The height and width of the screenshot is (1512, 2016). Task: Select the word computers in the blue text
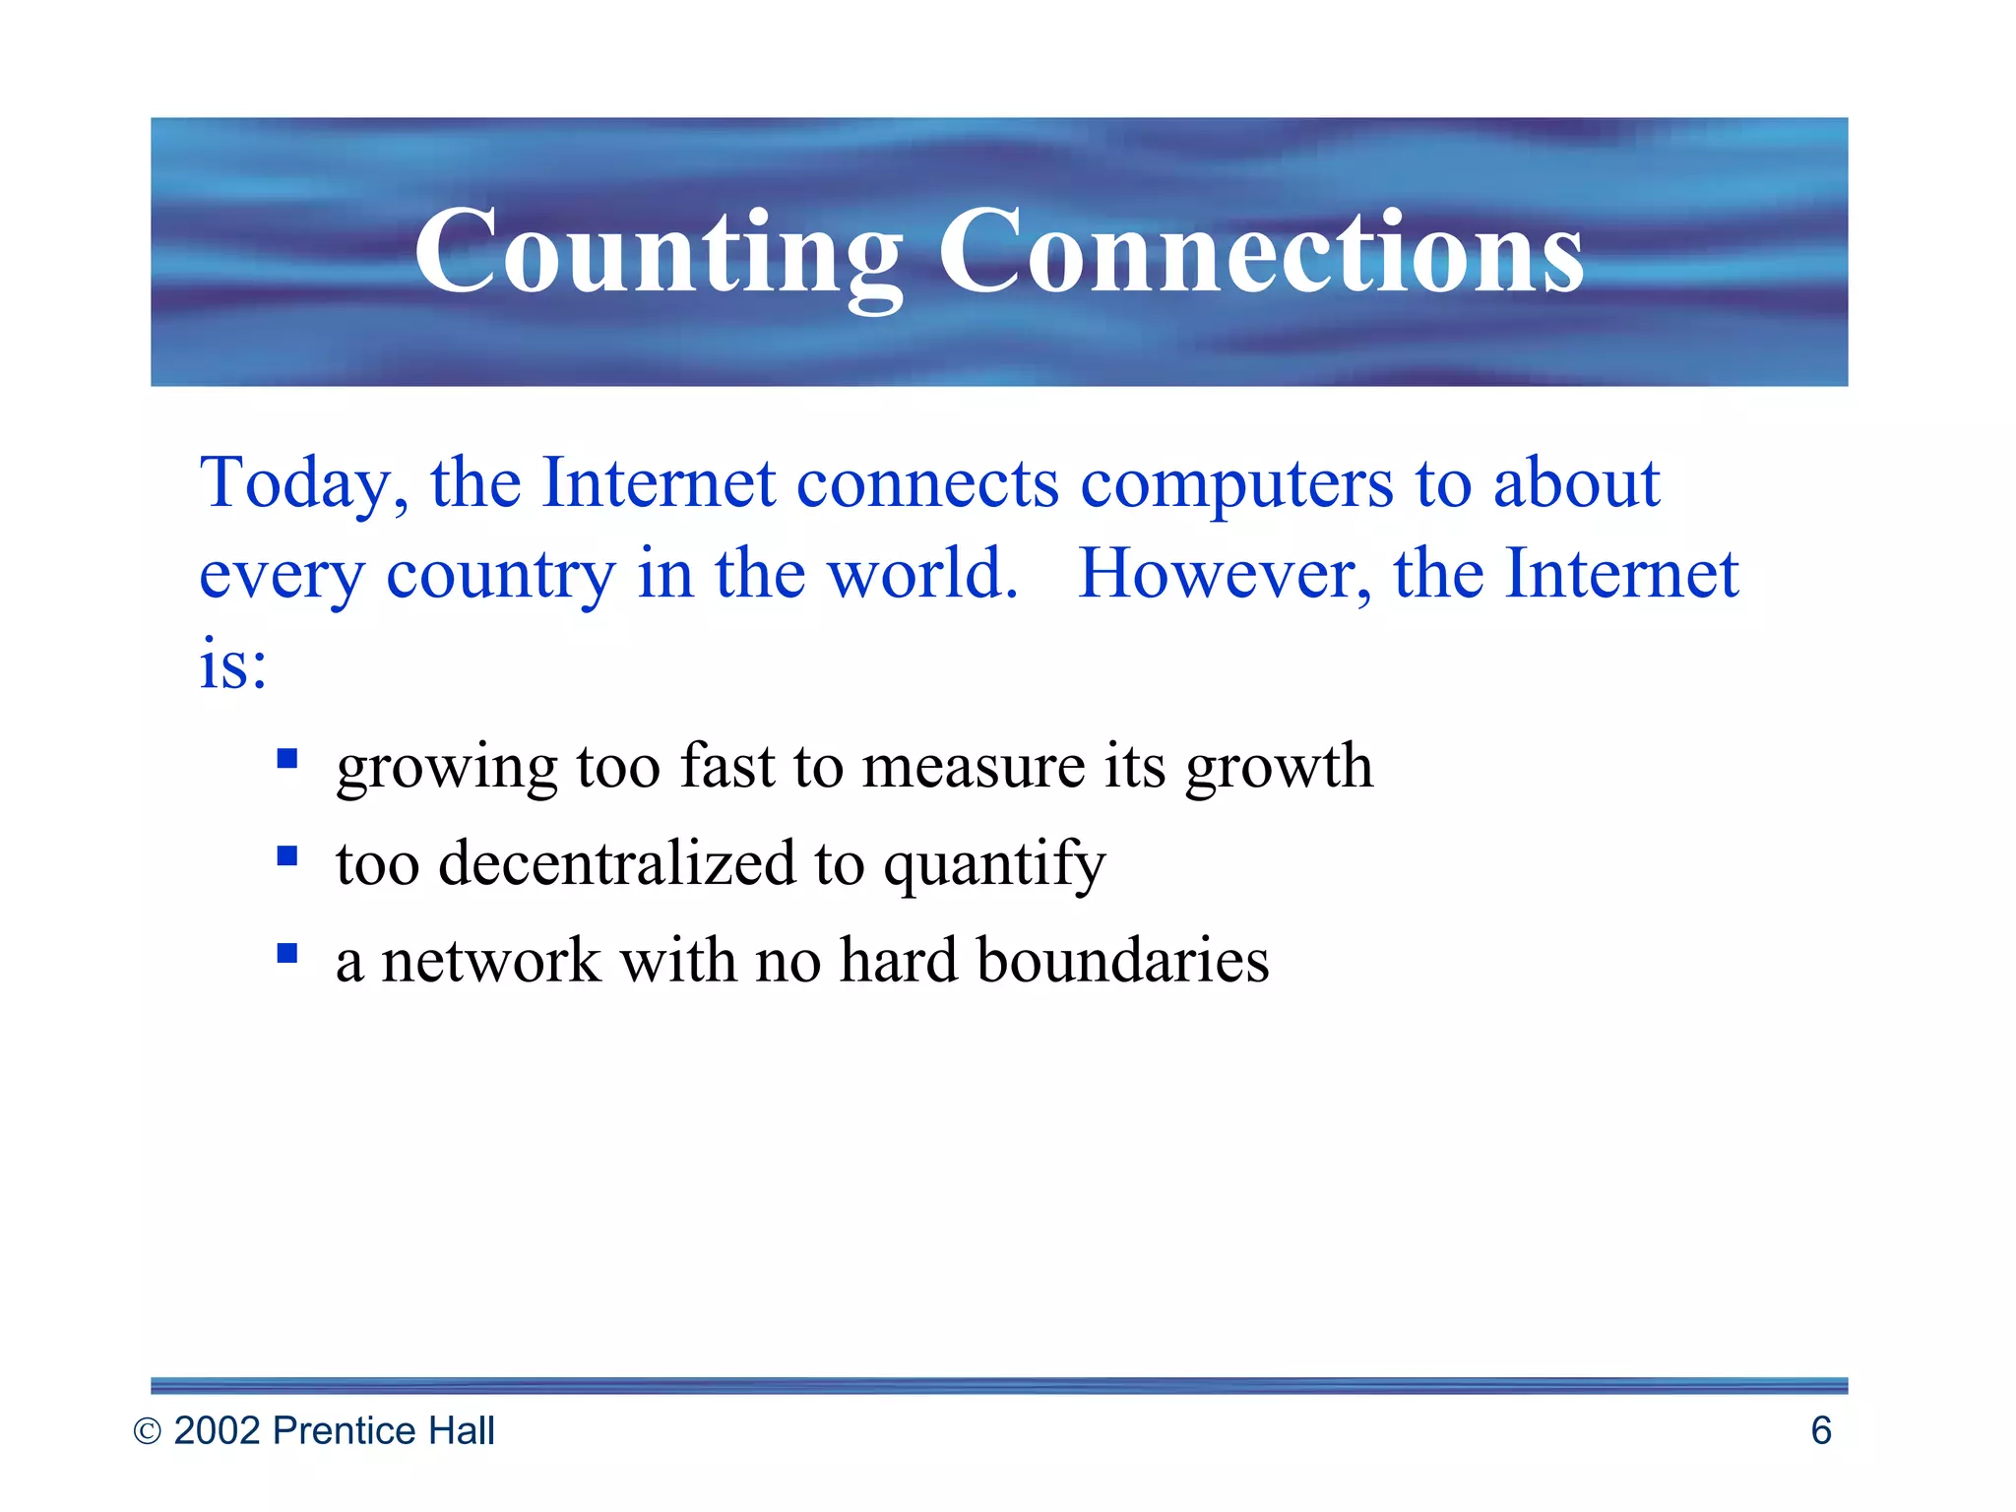1236,483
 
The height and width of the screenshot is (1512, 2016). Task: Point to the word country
500,574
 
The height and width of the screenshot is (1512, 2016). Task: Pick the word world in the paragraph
921,574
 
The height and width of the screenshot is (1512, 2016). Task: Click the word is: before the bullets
233,663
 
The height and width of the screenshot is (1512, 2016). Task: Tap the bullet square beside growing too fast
287,758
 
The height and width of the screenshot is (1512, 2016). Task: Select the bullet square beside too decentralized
287,855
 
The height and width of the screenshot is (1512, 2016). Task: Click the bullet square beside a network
287,952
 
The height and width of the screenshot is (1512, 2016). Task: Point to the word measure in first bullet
973,766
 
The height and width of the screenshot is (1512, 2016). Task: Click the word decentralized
616,863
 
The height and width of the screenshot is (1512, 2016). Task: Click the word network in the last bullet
490,960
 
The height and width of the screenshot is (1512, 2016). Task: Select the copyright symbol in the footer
147,1431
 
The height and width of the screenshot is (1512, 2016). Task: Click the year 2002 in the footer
217,1430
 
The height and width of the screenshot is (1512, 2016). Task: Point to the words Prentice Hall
383,1430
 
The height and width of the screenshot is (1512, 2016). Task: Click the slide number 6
1821,1430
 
